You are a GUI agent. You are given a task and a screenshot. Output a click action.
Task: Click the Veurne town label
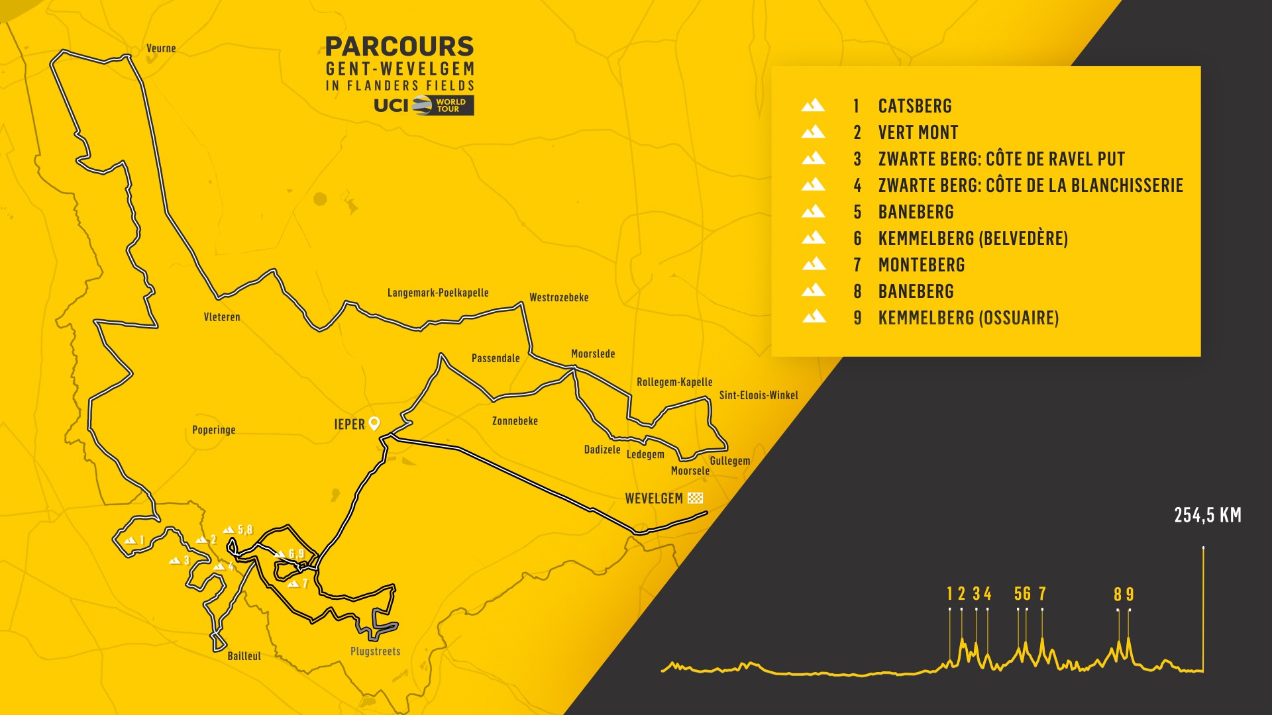pos(161,48)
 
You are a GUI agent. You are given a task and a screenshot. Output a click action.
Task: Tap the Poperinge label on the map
pos(213,430)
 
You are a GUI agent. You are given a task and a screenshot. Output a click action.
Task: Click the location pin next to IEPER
pos(374,424)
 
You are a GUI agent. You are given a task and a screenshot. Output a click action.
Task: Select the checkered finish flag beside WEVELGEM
pos(695,498)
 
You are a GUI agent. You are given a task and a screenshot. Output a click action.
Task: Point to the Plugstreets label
pos(375,651)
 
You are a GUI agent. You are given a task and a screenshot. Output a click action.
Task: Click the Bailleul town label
pos(244,656)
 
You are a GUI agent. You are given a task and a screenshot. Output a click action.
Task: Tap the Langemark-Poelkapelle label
pos(438,293)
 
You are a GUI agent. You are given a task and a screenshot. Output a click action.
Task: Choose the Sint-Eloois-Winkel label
pos(759,395)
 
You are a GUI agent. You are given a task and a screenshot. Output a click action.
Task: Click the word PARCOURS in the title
pos(399,46)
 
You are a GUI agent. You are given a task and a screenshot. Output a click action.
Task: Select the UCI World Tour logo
pos(424,105)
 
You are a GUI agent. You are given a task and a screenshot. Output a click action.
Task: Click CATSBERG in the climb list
pos(914,106)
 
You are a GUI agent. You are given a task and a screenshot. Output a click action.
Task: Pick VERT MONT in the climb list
pos(918,132)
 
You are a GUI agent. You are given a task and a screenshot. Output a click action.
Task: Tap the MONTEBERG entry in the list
pos(921,265)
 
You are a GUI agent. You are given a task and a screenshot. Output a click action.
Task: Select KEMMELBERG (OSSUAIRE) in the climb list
pos(968,318)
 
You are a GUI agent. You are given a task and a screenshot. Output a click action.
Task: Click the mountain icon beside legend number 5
pos(813,211)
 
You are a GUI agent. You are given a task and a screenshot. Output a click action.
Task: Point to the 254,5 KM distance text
pos(1207,515)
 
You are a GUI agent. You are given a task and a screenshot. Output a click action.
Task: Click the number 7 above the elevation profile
pos(1042,594)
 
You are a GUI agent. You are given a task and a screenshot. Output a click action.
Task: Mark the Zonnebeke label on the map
pos(515,421)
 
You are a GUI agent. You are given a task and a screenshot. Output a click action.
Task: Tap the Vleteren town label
pos(222,317)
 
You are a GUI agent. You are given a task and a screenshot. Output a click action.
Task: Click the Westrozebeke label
pos(558,298)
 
